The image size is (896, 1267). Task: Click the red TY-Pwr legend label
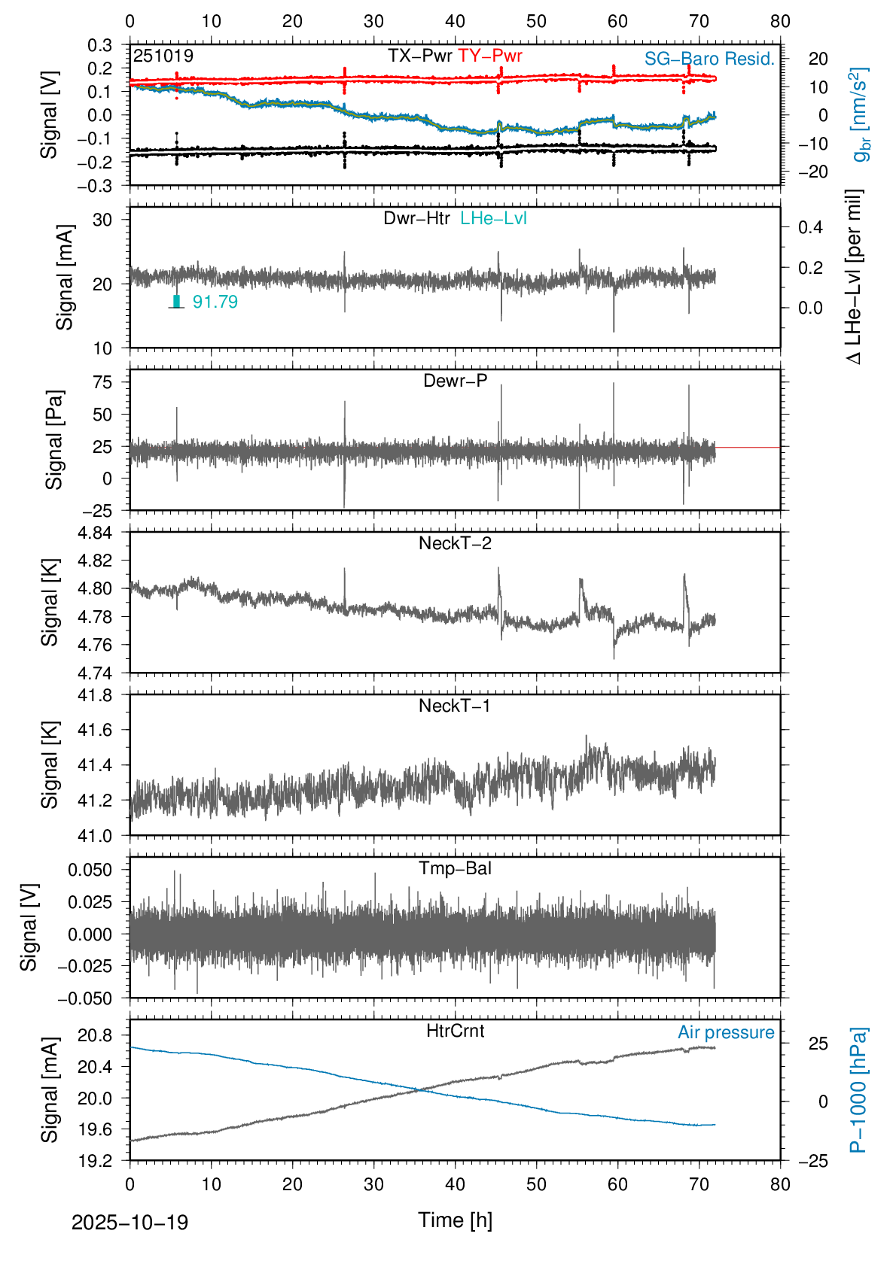(x=489, y=56)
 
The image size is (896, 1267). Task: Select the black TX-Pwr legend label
(x=419, y=56)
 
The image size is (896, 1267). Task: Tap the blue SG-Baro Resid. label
(x=709, y=59)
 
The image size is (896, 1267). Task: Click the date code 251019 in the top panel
(x=163, y=56)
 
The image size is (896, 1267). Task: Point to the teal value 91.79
(x=215, y=302)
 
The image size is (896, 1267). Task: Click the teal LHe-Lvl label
(x=493, y=218)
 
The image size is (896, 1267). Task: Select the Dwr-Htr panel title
(x=416, y=218)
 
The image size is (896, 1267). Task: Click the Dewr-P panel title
(x=455, y=381)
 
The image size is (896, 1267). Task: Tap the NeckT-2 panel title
(x=455, y=543)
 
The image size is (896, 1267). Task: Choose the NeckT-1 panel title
(x=455, y=706)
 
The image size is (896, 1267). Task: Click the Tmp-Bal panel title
(x=455, y=868)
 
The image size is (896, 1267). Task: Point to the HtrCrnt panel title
(x=455, y=1031)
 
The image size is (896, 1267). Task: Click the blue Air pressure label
(x=726, y=1032)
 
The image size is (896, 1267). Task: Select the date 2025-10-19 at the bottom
(x=130, y=1223)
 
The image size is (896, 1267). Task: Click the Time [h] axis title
(x=455, y=1220)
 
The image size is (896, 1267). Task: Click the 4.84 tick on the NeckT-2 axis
(x=95, y=533)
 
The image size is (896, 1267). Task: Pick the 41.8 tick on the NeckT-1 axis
(x=95, y=695)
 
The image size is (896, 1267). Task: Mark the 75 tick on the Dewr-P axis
(x=102, y=382)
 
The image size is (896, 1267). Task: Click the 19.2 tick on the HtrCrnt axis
(x=95, y=1160)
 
